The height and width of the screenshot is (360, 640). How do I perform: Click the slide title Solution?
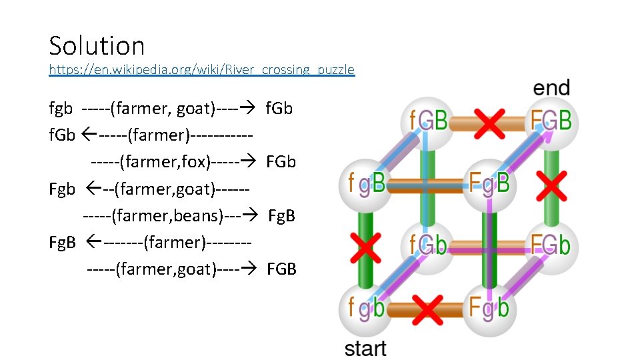pos(97,45)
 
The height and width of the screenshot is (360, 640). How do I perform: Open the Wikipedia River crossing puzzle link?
pos(201,69)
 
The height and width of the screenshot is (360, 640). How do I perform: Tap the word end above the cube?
pos(551,87)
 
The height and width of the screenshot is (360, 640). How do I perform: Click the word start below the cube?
pos(365,348)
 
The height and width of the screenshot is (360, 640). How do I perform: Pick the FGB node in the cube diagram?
pos(551,121)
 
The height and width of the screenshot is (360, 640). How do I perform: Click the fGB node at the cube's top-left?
pos(427,121)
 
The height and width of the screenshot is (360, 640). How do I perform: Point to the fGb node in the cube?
pos(427,245)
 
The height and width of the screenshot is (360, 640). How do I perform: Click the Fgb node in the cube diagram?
pos(489,308)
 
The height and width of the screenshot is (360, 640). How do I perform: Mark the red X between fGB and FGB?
pos(489,122)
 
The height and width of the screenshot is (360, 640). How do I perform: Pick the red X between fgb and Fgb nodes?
pos(427,309)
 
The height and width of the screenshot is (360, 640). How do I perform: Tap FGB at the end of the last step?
pos(281,269)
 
